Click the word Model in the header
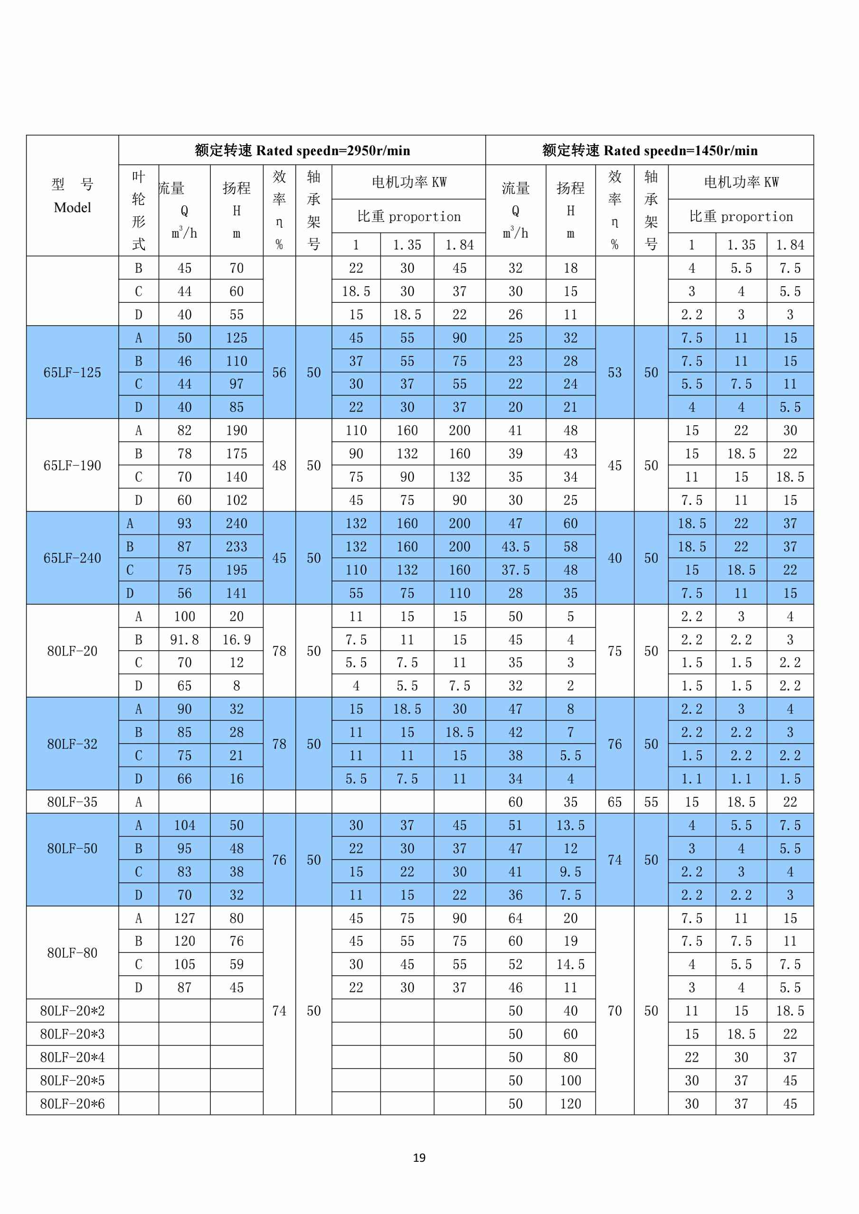[x=73, y=207]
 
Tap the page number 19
[x=419, y=1158]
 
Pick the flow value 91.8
[x=184, y=640]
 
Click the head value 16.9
[x=236, y=640]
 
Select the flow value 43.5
[x=515, y=547]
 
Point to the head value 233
[x=236, y=547]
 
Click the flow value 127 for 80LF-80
[x=184, y=918]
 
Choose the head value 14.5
[x=570, y=964]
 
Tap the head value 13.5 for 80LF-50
[x=570, y=825]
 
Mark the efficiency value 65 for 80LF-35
[x=614, y=802]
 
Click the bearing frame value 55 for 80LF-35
[x=651, y=802]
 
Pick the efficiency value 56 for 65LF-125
[x=279, y=372]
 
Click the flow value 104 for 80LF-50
[x=184, y=825]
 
